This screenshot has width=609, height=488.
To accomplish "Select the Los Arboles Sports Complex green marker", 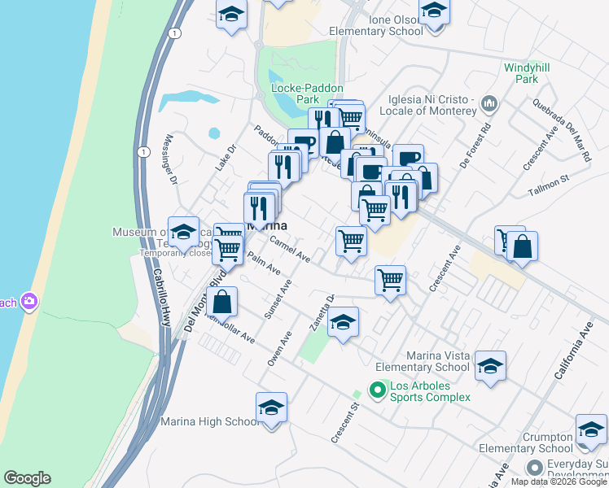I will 377,391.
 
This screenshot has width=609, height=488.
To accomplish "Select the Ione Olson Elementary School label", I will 375,25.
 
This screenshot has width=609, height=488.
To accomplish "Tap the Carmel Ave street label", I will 290,249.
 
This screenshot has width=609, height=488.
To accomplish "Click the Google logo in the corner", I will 27,478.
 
